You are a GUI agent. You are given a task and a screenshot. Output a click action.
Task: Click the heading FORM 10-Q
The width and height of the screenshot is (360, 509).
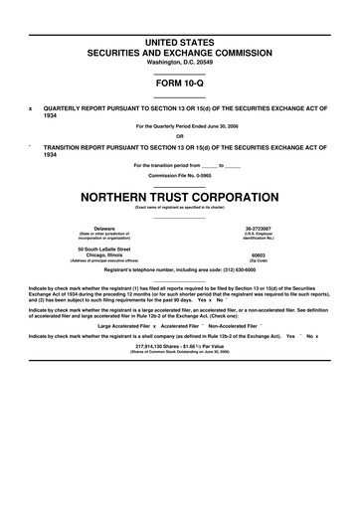tap(180, 84)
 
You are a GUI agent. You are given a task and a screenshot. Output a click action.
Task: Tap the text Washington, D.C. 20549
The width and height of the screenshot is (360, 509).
tap(180, 62)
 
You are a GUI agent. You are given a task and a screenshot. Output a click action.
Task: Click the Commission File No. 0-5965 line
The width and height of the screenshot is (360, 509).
tap(180, 175)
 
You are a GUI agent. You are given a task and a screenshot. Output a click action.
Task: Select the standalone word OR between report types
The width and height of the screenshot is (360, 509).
tap(180, 136)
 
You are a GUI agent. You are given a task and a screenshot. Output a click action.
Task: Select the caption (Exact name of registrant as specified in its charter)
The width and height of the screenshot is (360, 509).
tap(180, 207)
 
